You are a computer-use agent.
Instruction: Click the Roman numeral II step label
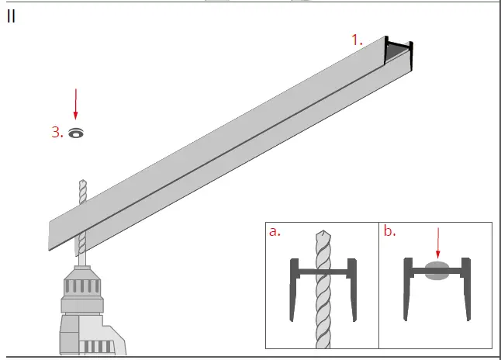coord(11,17)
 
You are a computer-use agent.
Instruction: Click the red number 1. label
coord(356,40)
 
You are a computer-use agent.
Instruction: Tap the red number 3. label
coord(57,132)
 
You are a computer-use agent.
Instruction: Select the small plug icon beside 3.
coord(75,132)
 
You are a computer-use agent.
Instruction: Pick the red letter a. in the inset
coord(275,232)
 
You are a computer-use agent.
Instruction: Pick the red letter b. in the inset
coord(389,232)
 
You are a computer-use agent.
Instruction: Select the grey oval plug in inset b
coord(437,271)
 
